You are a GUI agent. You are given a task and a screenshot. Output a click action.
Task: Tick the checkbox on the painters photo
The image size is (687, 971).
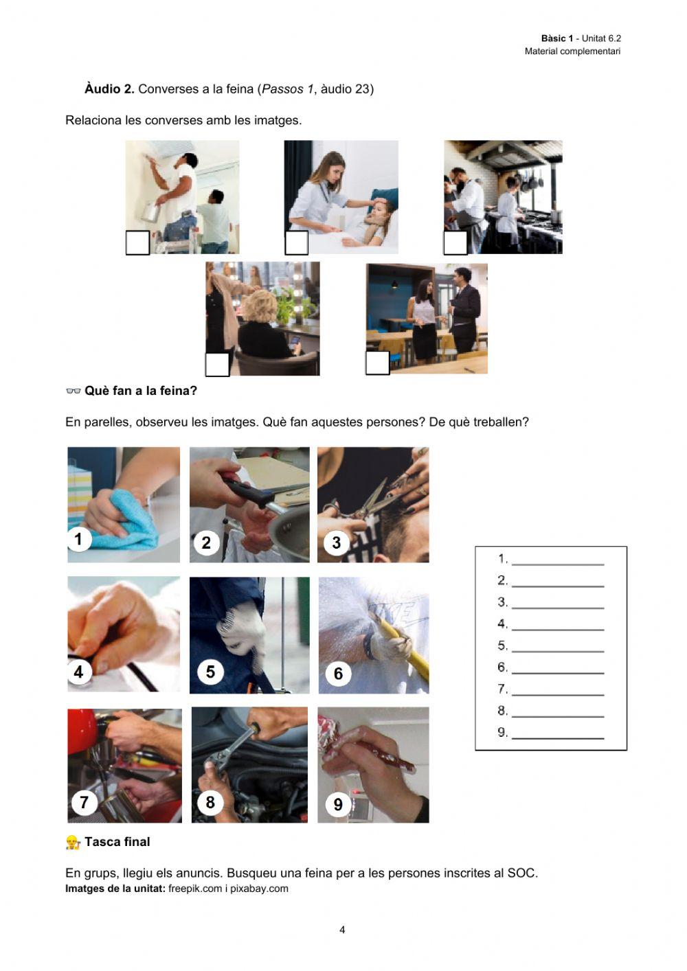tap(137, 243)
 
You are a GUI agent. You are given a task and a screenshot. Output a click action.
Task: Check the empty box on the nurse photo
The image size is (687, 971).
tap(296, 243)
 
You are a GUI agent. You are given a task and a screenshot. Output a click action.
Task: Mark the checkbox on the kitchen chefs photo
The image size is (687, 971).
tap(455, 243)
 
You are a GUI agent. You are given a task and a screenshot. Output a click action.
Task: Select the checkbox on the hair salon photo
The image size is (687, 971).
tap(217, 365)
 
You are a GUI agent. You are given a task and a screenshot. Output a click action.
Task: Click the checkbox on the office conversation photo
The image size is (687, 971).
tap(377, 363)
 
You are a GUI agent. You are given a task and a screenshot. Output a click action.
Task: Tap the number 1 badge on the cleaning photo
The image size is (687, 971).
tap(79, 539)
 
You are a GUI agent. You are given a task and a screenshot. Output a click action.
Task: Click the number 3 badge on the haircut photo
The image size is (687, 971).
tap(337, 542)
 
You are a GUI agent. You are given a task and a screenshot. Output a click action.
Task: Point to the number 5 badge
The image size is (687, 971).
tap(210, 672)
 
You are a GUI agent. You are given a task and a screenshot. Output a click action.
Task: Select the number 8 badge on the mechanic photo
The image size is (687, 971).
tap(210, 802)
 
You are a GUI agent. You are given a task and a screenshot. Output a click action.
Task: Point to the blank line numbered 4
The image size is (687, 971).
tap(558, 630)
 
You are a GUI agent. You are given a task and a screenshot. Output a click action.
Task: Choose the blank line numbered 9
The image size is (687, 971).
tap(558, 738)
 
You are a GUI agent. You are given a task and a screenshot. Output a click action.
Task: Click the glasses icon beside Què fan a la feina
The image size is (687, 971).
tap(74, 391)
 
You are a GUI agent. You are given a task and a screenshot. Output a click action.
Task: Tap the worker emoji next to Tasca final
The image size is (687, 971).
tap(73, 843)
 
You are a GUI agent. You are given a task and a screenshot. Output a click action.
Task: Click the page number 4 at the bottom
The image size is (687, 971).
tap(342, 930)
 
